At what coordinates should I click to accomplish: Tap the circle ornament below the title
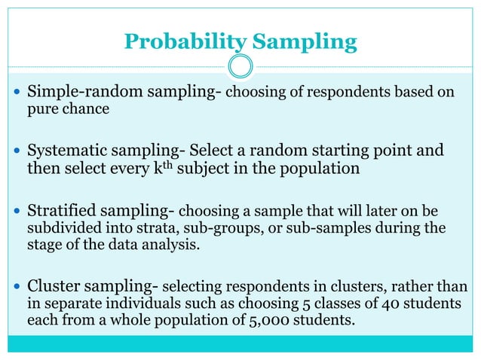(240, 66)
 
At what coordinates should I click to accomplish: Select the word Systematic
(63, 151)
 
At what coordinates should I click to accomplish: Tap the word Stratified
(58, 209)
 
